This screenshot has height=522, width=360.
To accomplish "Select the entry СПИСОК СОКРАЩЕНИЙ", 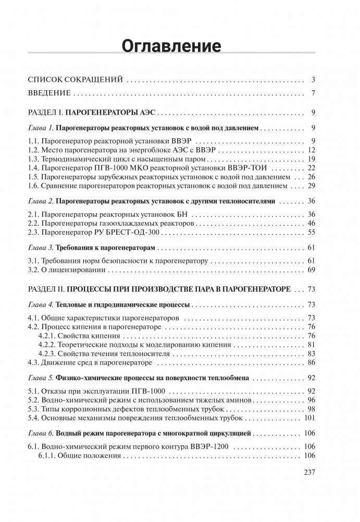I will click(x=75, y=80).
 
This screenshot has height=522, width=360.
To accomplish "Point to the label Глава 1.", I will click(x=40, y=128).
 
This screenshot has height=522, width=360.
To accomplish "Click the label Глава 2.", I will click(x=40, y=201).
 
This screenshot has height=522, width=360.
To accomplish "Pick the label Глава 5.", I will click(x=40, y=376).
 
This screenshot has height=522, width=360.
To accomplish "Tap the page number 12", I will click(x=312, y=150).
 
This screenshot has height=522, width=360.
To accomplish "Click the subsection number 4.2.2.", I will click(x=51, y=344).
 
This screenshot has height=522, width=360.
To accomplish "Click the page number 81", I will click(x=312, y=344).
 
